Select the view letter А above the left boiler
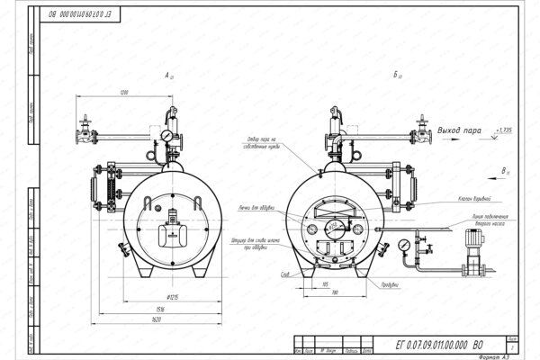(x=167, y=78)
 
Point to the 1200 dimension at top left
(x=122, y=93)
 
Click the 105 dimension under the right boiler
(x=323, y=283)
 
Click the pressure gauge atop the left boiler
(x=167, y=136)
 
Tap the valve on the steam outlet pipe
(x=420, y=127)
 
